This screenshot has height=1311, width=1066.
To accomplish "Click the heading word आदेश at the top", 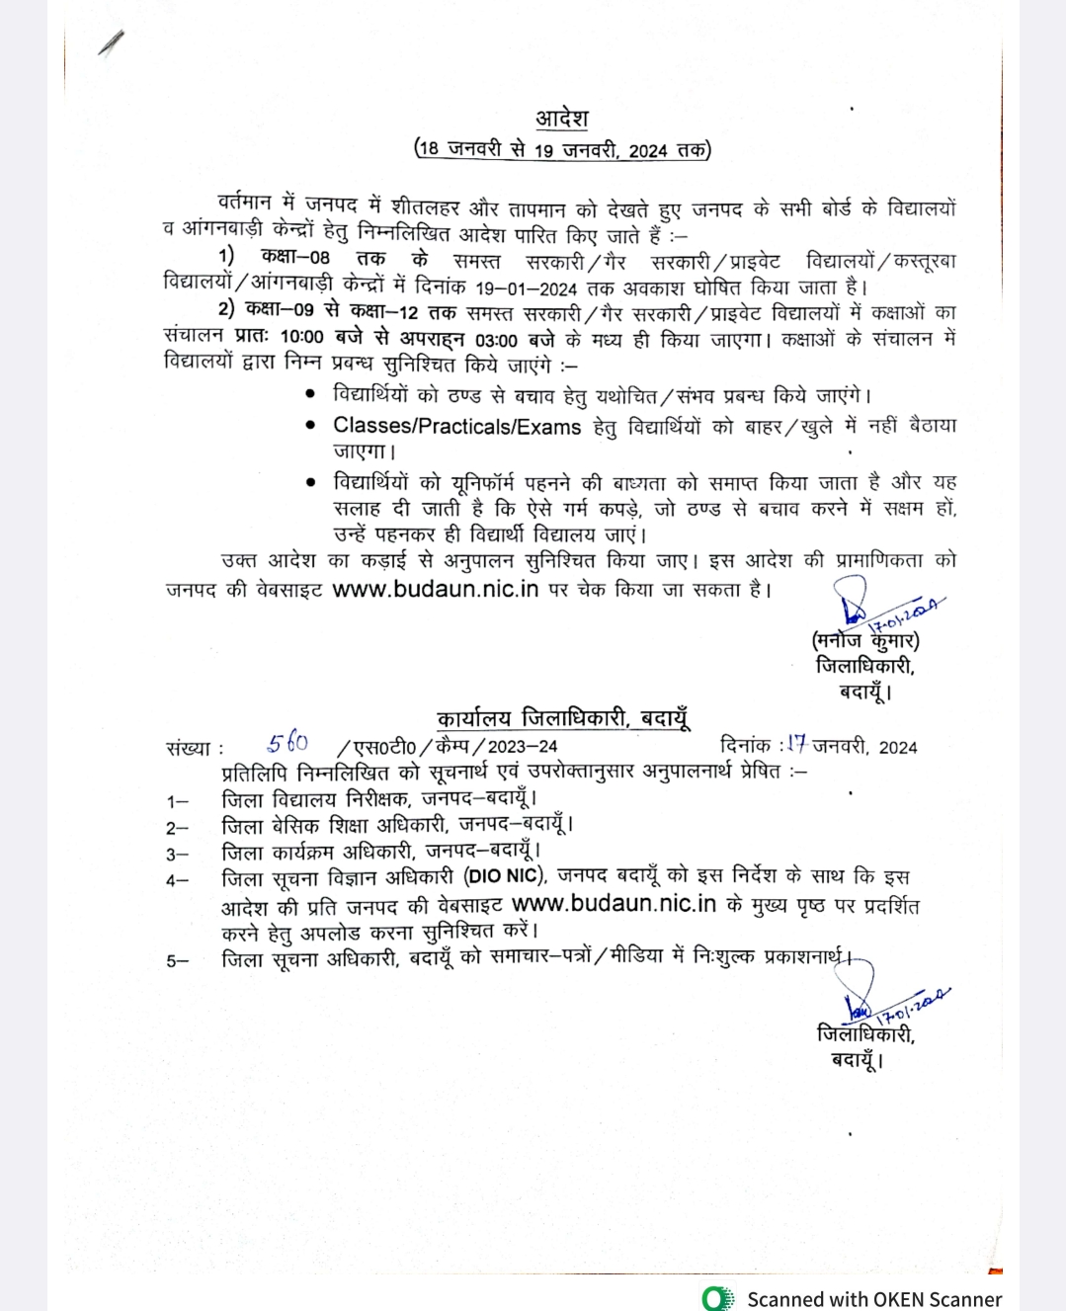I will (x=562, y=119).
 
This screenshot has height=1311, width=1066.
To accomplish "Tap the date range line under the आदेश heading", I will (x=562, y=150).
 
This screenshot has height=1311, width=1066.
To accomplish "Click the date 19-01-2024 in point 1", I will (x=526, y=288).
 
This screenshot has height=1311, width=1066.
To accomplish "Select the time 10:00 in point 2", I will (x=301, y=338).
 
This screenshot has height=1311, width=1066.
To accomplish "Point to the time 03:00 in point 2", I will (x=496, y=340).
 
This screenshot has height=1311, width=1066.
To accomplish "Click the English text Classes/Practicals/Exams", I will (x=456, y=427).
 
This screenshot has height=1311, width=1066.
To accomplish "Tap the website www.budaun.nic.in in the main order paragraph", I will (x=435, y=589).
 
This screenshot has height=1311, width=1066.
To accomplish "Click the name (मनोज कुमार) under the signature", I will (x=865, y=640).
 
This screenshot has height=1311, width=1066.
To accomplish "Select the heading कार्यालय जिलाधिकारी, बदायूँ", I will (x=563, y=718).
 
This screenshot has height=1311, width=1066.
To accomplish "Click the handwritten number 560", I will (x=287, y=743).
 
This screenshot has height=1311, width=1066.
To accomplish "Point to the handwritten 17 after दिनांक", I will (x=796, y=744).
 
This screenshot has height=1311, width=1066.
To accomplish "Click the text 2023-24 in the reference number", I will (x=523, y=747).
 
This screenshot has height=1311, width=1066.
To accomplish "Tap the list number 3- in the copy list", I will (x=177, y=855).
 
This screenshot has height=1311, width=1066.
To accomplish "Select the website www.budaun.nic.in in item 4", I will (x=614, y=904).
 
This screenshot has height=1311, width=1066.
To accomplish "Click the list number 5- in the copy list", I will (x=177, y=960).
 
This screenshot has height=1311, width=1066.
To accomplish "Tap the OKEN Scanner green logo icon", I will (x=718, y=1298).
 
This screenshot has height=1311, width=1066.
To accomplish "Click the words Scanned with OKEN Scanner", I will (x=874, y=1299).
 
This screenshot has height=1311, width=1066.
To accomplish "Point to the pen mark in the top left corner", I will (x=112, y=43).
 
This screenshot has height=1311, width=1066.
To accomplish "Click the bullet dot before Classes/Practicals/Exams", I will (x=311, y=426).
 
